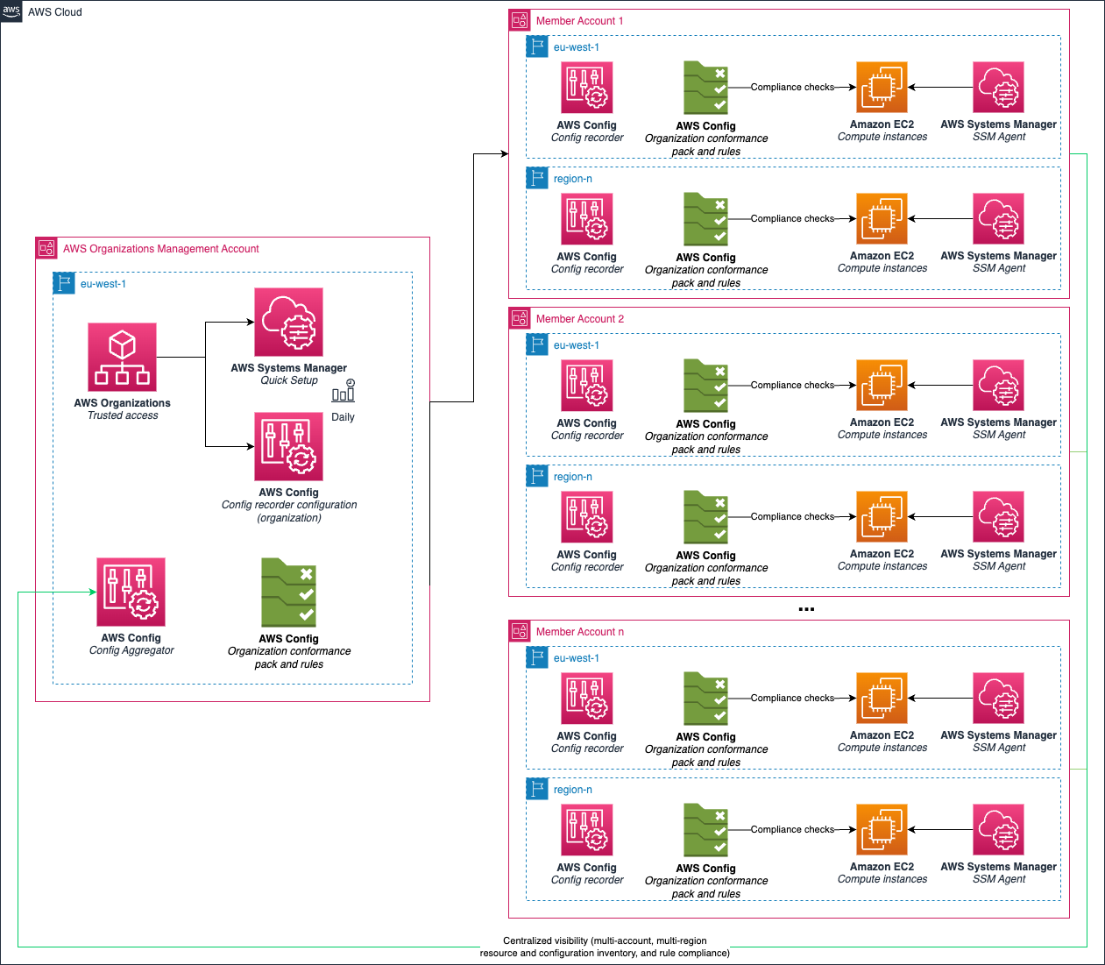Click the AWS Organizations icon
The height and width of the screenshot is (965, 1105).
coord(122,357)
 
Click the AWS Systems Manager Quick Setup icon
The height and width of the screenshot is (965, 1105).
coord(288,323)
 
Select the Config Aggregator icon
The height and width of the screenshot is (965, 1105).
coord(131,592)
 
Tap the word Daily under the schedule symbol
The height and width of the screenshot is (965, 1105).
coord(343,417)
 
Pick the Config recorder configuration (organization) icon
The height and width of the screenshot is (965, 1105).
coord(288,447)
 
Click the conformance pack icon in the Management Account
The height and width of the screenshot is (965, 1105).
coord(288,592)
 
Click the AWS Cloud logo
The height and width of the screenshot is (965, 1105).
coord(11,11)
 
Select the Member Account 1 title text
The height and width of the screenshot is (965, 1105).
coord(579,21)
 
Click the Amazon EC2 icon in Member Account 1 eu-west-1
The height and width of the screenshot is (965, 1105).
coord(882,88)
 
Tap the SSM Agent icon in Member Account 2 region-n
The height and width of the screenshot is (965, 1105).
coord(998,517)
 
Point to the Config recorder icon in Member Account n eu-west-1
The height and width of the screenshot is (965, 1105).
coord(586,699)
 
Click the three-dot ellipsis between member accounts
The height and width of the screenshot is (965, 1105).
coord(806,609)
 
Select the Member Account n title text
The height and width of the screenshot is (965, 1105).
coord(579,632)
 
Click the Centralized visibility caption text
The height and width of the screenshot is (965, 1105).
coord(605,947)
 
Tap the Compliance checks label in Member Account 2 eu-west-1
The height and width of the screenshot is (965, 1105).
coord(792,385)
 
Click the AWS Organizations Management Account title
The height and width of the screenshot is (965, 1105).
coord(160,249)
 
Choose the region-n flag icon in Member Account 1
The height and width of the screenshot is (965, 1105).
coord(537,178)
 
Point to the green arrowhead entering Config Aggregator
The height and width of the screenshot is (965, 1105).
coord(92,592)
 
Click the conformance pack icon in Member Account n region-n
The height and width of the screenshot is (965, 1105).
coord(705,830)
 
